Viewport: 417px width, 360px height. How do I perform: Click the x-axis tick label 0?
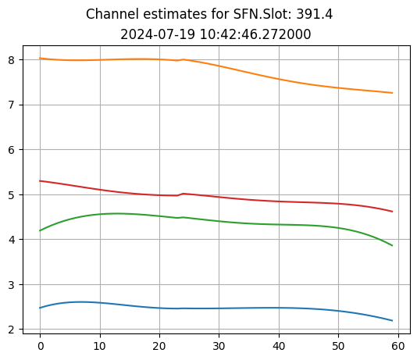41,345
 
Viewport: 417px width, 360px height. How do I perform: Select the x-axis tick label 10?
100,345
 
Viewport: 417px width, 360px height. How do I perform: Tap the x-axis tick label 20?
159,345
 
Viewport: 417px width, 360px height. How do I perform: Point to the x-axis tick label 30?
219,345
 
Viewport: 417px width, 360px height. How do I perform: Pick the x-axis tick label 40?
279,345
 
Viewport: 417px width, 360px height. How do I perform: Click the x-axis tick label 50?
338,345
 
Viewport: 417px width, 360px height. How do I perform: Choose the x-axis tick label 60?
398,345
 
